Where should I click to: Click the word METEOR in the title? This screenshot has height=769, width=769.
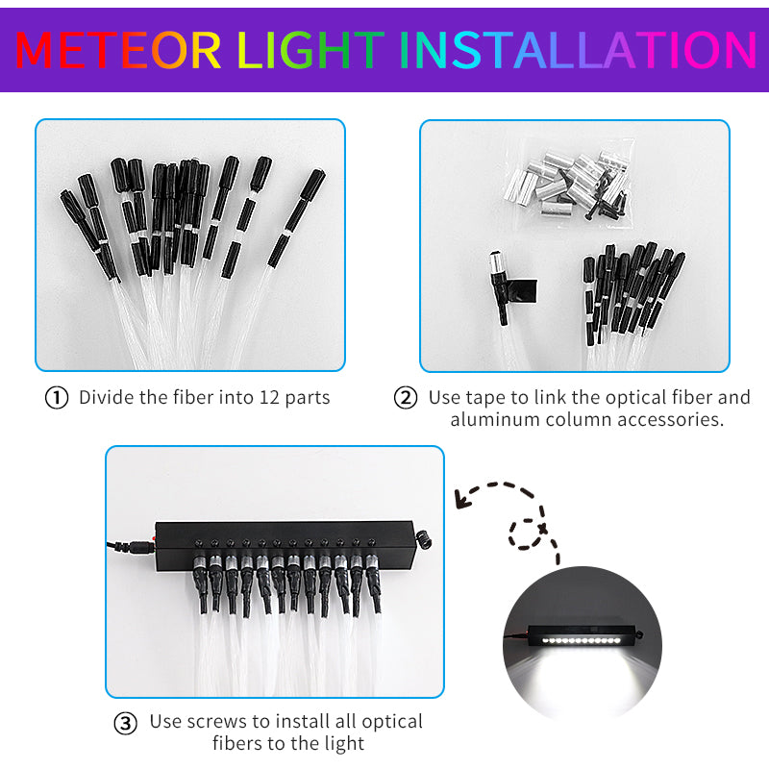(x=117, y=50)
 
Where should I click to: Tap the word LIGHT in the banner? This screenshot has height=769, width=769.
(x=310, y=50)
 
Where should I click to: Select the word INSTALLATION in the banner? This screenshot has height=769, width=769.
(x=579, y=50)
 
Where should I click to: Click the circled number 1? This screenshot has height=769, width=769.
(x=57, y=398)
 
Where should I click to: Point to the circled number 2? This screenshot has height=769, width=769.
(x=406, y=398)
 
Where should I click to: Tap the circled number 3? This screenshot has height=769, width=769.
(x=126, y=724)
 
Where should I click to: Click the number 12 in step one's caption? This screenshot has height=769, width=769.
(x=269, y=397)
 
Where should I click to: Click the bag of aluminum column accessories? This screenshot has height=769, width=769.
(x=569, y=185)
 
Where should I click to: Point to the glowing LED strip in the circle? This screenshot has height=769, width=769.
(x=580, y=640)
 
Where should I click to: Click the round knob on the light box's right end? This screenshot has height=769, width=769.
(x=423, y=539)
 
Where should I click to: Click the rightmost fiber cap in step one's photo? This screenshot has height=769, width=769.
(x=313, y=185)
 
